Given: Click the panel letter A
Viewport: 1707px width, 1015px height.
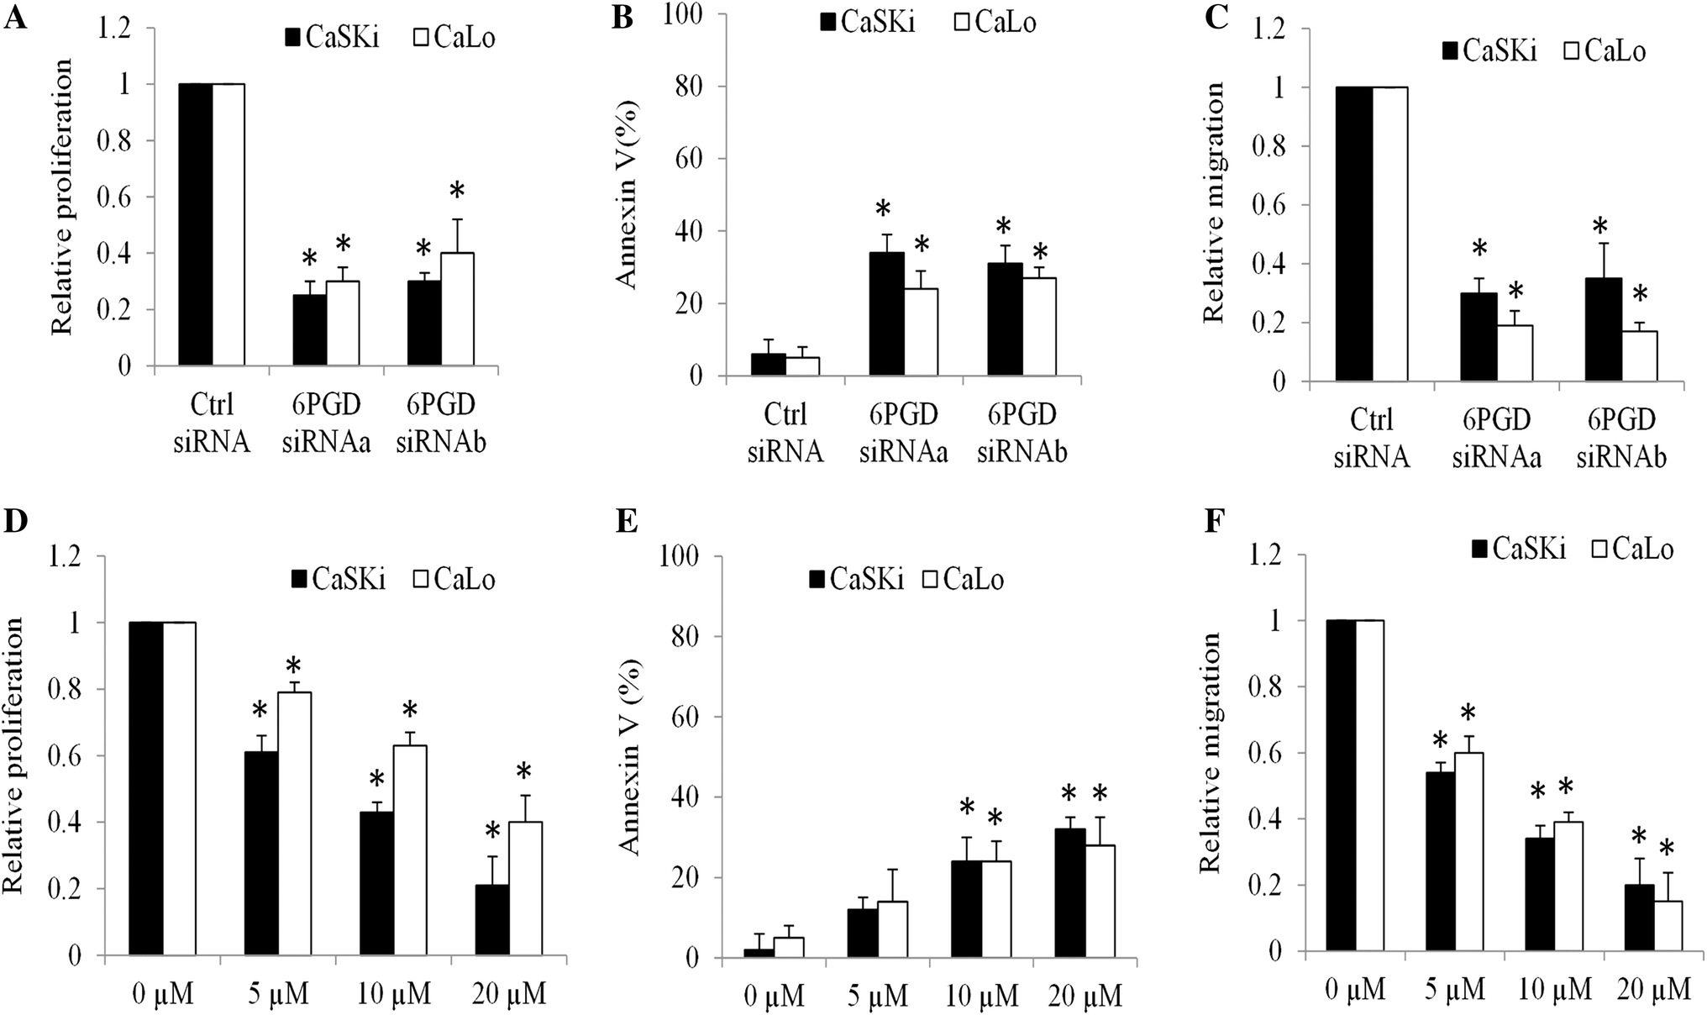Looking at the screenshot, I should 15,17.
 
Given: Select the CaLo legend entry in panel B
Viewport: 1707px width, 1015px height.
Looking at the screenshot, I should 995,22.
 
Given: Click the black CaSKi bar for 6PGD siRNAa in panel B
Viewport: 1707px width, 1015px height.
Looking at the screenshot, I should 886,314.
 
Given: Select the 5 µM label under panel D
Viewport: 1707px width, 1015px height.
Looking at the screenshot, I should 277,995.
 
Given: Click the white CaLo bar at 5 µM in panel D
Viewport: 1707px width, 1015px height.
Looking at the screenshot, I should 294,823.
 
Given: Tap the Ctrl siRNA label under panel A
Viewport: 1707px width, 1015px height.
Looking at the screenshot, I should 212,423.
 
